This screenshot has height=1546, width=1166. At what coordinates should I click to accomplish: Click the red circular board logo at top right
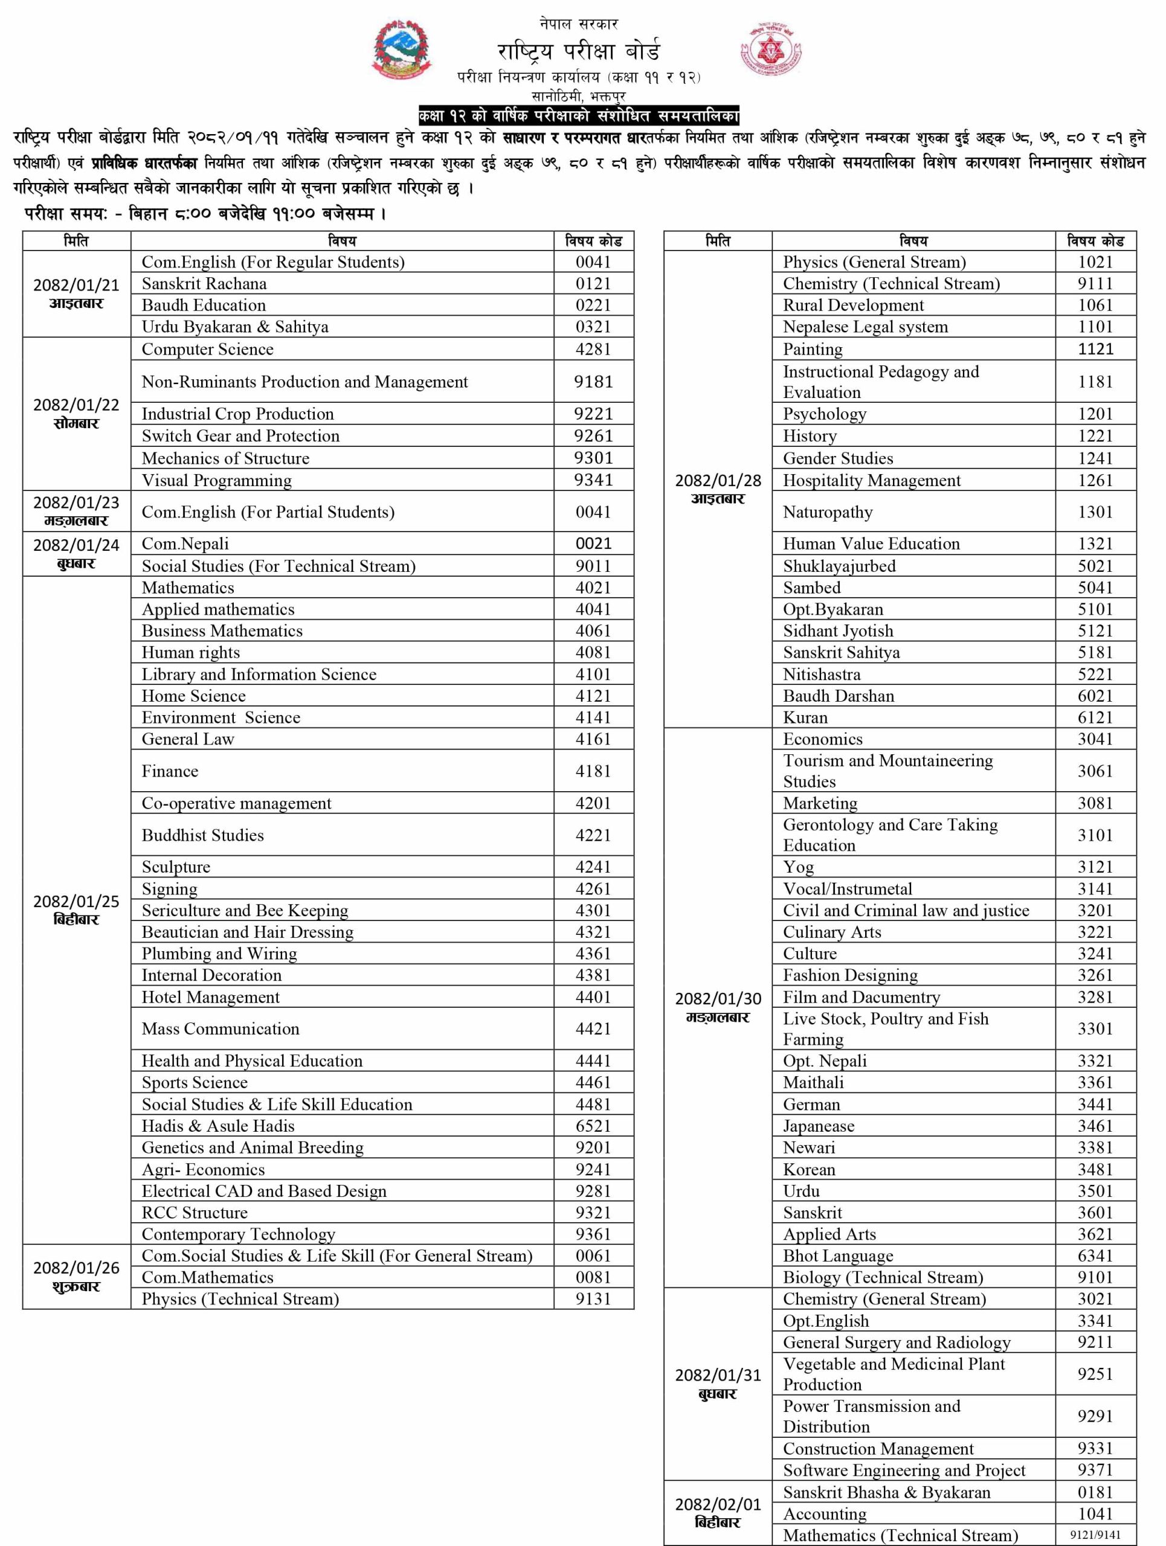pyautogui.click(x=770, y=50)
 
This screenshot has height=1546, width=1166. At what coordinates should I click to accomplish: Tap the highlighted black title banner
pyautogui.click(x=578, y=116)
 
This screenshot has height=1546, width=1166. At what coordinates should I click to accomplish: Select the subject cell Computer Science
pyautogui.click(x=208, y=350)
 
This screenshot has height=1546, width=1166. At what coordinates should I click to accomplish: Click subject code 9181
pyautogui.click(x=593, y=382)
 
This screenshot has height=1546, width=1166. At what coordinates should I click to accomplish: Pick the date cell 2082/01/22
pyautogui.click(x=76, y=414)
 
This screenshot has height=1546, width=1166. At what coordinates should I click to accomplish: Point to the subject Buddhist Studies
pyautogui.click(x=203, y=835)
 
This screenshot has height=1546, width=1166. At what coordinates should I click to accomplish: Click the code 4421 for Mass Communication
pyautogui.click(x=593, y=1029)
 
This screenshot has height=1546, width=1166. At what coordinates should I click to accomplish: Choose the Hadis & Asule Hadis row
pyautogui.click(x=218, y=1126)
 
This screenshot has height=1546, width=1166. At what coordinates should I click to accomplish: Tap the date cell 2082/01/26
pyautogui.click(x=76, y=1276)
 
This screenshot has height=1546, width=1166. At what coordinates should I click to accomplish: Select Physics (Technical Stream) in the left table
pyautogui.click(x=240, y=1299)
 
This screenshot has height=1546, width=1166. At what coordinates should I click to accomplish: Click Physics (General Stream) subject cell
pyautogui.click(x=875, y=262)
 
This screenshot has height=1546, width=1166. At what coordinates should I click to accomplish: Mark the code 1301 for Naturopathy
pyautogui.click(x=1095, y=512)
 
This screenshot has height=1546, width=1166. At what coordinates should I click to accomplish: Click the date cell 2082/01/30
pyautogui.click(x=718, y=1007)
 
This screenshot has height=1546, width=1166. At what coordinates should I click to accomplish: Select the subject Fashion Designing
pyautogui.click(x=850, y=975)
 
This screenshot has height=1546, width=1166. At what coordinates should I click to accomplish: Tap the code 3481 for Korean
pyautogui.click(x=1095, y=1170)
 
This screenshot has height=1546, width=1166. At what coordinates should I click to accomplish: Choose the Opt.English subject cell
pyautogui.click(x=826, y=1321)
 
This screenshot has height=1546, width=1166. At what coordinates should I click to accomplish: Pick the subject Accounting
pyautogui.click(x=825, y=1514)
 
